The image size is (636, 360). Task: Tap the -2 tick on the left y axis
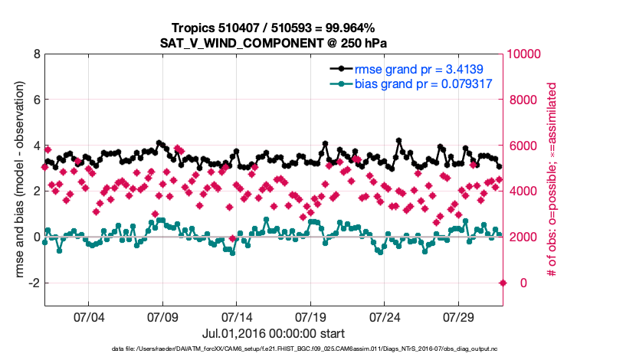[x=34, y=283]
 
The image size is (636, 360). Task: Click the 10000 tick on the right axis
[x=526, y=54]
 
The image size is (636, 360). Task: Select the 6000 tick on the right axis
[x=523, y=146]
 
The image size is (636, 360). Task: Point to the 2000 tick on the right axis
[x=523, y=237]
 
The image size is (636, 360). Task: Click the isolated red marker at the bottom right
[x=503, y=283]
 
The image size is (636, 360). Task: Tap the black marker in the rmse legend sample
[x=338, y=68]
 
